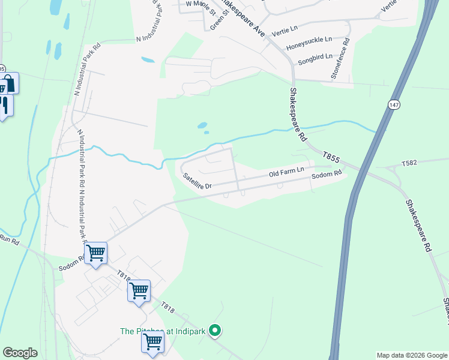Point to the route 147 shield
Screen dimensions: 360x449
pos(393,104)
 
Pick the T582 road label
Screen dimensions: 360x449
pos(409,163)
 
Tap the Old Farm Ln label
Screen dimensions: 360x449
pos(286,173)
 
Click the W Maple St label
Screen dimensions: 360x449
pos(200,4)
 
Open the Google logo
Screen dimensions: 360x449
pos(20,353)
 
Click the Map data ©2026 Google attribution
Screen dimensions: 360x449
pos(412,355)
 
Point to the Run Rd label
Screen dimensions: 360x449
pos(10,239)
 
